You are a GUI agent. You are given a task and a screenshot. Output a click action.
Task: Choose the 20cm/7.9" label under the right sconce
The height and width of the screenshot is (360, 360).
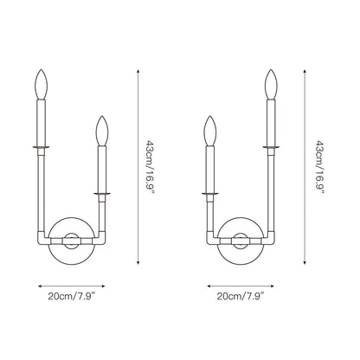point(239,295)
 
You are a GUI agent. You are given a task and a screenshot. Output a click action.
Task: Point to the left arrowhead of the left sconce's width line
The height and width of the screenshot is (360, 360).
point(39,282)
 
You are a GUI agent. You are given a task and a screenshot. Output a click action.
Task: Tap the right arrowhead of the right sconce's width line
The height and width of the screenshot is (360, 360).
point(273,282)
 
